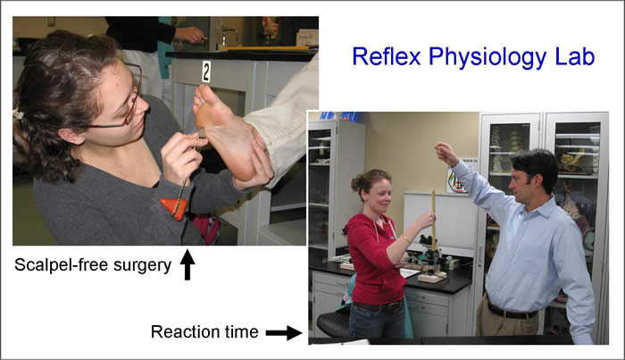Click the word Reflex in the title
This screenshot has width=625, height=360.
click(x=383, y=56)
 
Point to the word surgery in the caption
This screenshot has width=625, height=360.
click(x=142, y=264)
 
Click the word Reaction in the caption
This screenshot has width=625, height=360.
click(x=186, y=332)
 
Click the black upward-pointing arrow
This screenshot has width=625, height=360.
click(x=187, y=265)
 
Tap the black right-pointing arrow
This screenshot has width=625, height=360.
click(x=284, y=332)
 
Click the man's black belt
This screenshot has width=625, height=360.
click(x=513, y=311)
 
